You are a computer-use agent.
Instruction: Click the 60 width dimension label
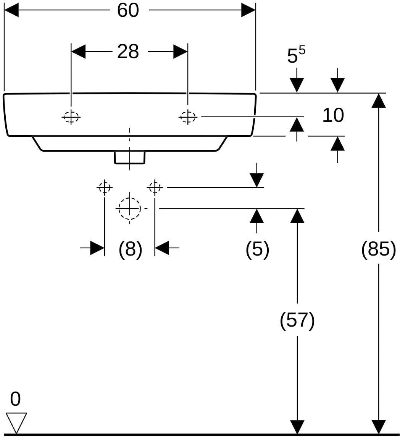[x=128, y=10]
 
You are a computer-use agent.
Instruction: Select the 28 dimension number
[x=128, y=52]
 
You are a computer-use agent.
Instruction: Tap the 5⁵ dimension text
[x=296, y=55]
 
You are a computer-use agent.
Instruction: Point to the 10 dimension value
[x=333, y=115]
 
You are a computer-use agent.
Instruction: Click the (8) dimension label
[x=131, y=249]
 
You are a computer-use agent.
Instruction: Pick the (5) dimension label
[x=257, y=249]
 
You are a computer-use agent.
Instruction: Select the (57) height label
[x=297, y=320]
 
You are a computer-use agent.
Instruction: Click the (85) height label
[x=379, y=249]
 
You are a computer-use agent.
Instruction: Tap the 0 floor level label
[x=15, y=399]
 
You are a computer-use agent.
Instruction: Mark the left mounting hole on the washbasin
[x=71, y=117]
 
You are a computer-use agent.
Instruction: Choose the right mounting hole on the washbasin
[x=188, y=117]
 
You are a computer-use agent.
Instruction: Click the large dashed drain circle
[x=129, y=209]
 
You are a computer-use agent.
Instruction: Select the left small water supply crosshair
[x=105, y=187]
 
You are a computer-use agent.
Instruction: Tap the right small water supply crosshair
[x=155, y=187]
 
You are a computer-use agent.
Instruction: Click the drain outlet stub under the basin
[x=130, y=157]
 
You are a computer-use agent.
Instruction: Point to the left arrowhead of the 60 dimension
[x=11, y=10]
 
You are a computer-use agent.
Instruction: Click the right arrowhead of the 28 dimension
[x=181, y=52]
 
